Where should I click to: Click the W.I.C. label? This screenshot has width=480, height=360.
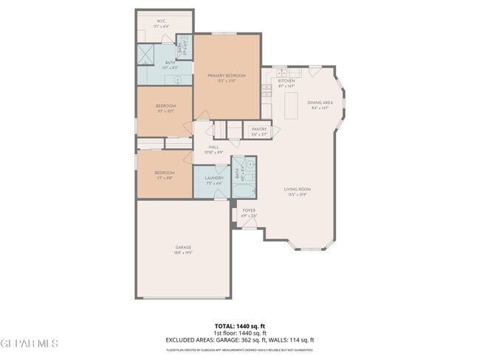point(161,21)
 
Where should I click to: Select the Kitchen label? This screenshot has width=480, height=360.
point(287,80)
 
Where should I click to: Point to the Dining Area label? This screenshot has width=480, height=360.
point(320,103)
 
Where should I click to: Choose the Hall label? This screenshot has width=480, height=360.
point(213,147)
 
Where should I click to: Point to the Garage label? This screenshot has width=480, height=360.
point(183,247)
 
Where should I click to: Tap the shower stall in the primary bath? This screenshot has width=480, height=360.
point(145,55)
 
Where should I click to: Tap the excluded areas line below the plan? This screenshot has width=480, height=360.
point(240,339)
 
